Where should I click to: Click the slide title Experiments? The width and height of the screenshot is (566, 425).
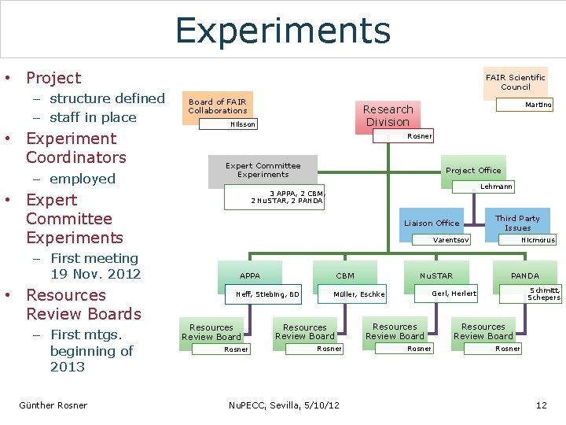tap(283, 30)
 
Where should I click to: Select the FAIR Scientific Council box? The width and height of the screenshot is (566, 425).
tap(515, 82)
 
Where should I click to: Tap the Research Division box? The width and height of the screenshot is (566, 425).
tap(388, 115)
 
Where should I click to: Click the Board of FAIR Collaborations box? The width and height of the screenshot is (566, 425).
tap(217, 105)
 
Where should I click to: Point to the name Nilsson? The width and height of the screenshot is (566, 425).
tap(243, 124)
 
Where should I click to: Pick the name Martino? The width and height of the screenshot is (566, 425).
tap(538, 105)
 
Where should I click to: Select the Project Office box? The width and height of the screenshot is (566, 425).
tap(472, 171)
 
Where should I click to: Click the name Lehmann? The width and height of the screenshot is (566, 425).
tap(497, 187)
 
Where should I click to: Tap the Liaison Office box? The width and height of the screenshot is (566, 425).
tap(432, 223)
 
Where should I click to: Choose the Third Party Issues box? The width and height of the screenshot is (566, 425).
tap(517, 223)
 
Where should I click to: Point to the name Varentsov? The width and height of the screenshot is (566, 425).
tap(452, 239)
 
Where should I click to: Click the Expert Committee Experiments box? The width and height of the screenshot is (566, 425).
tap(263, 170)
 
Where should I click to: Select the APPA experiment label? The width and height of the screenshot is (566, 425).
tap(250, 275)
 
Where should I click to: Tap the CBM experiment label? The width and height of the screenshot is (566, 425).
tap(345, 275)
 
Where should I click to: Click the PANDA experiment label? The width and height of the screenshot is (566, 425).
tap(525, 275)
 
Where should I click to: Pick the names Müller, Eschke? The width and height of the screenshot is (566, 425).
tap(359, 294)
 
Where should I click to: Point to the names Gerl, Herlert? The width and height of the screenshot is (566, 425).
tap(454, 293)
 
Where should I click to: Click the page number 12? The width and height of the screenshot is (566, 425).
tap(541, 405)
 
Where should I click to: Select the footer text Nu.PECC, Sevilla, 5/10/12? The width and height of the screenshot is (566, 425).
tap(283, 405)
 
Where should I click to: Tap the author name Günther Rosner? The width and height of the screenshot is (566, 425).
tap(53, 405)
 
